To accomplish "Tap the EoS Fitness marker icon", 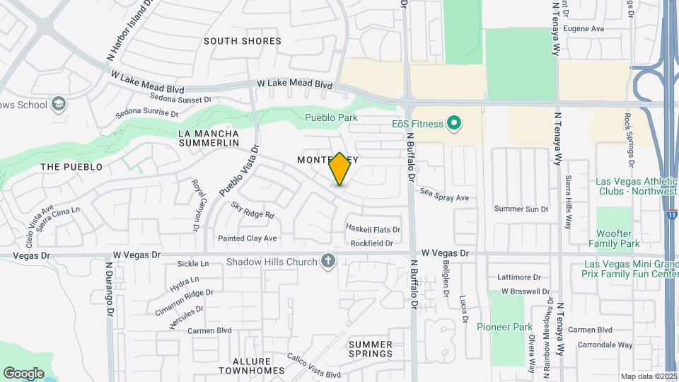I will pos(453,124).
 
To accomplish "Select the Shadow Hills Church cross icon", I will pos(327,262).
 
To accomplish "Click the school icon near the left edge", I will pos(59,105).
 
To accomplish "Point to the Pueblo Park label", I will pos(331,117).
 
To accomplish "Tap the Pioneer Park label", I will pos(504,327).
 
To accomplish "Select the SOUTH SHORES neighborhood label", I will pos(243,41).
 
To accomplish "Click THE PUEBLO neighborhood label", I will pos(71,167).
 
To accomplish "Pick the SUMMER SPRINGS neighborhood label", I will pos(371,349).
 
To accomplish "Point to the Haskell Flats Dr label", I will pos(373,229).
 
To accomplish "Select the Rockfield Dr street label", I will pos(371,243).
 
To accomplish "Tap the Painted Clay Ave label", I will pos(247,238).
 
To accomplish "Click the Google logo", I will pos(23,373).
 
